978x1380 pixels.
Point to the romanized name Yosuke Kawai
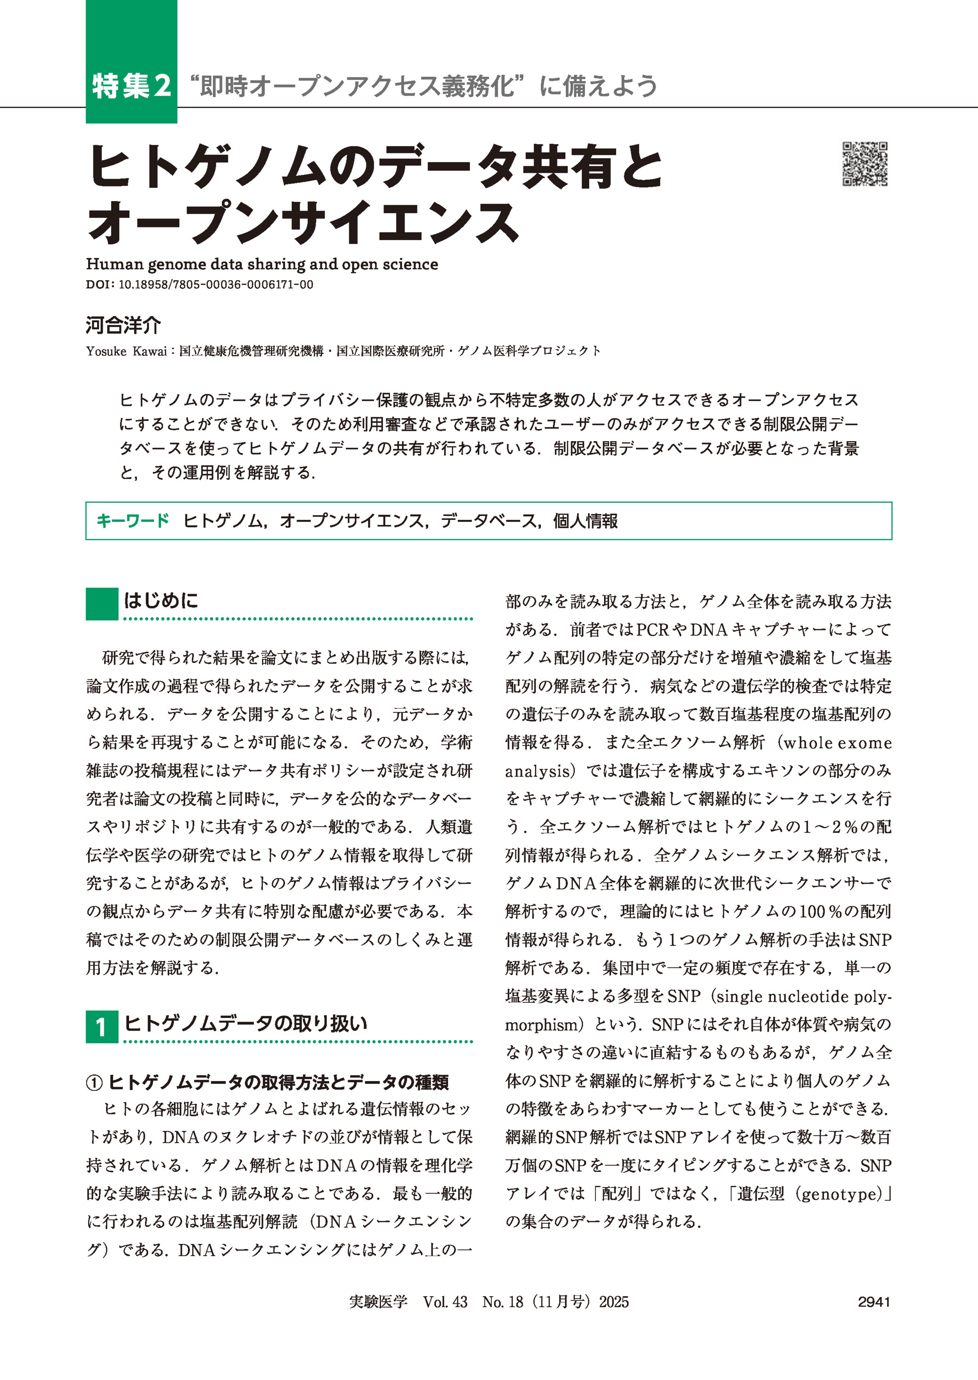[126, 351]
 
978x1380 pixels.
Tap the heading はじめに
[161, 600]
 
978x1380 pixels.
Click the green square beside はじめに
[102, 604]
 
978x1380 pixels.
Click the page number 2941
[874, 1302]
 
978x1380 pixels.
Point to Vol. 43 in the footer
[445, 1302]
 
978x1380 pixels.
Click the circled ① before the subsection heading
[95, 1083]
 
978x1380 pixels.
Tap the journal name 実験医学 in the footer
[378, 1302]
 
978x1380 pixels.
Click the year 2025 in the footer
[614, 1302]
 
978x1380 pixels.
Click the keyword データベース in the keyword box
[488, 521]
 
